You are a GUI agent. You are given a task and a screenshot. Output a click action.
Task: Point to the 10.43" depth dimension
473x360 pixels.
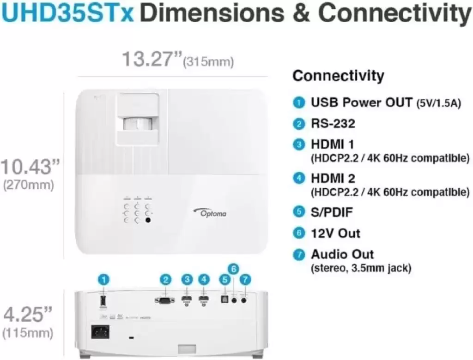point(30,167)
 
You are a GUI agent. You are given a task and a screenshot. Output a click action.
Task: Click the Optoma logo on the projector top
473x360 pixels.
point(210,212)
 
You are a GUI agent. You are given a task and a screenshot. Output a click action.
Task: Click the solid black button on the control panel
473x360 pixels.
point(148,220)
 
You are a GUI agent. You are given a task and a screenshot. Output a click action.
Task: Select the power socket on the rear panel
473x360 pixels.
point(100,332)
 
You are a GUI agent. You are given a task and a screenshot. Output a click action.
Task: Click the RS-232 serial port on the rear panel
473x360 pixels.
point(164,300)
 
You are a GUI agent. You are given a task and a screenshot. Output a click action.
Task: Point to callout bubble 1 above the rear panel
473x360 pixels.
point(104,280)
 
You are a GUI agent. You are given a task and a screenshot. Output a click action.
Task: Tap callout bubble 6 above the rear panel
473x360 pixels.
point(233,269)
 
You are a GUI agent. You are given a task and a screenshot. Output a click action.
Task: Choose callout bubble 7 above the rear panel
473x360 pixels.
point(245,280)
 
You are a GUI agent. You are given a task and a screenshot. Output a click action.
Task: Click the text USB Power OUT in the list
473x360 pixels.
point(361,102)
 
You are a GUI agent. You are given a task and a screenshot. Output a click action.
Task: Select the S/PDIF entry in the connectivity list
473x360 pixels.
point(332,212)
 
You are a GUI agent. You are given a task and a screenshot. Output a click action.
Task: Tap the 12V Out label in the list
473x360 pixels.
point(335,234)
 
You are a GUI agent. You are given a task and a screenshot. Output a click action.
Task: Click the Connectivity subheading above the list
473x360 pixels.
point(339,75)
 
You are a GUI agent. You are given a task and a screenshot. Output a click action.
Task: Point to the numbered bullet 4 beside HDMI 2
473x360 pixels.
point(299,178)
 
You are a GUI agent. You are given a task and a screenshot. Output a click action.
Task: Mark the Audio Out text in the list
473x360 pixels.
point(342,254)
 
